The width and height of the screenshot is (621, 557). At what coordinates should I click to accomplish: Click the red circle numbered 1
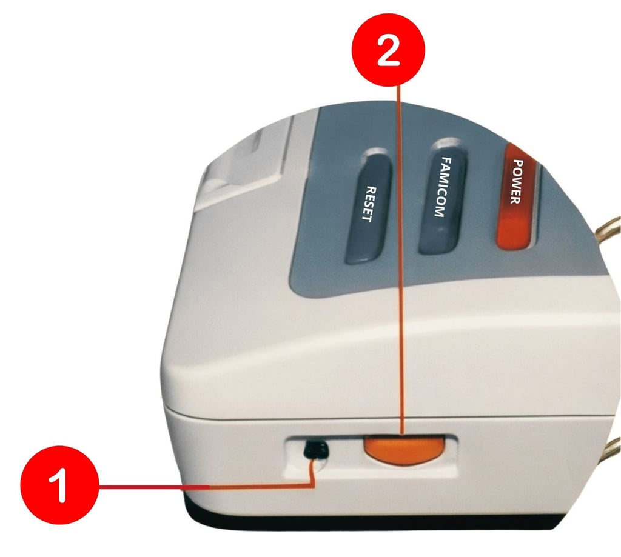click(59, 485)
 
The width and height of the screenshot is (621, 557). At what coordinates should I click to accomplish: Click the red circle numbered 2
click(388, 50)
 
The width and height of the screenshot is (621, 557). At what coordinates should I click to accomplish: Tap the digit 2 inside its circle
click(388, 50)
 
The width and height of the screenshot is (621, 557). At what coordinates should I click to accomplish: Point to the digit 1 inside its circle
click(59, 485)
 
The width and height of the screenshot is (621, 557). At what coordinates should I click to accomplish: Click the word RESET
click(369, 204)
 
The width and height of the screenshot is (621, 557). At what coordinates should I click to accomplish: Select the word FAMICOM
click(442, 187)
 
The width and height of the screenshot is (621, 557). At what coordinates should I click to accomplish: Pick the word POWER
click(515, 182)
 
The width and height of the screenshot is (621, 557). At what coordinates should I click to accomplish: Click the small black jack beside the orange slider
click(315, 450)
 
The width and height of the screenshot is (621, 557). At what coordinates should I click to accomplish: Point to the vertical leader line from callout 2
click(401, 260)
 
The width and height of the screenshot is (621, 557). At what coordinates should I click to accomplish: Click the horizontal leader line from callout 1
click(206, 486)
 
